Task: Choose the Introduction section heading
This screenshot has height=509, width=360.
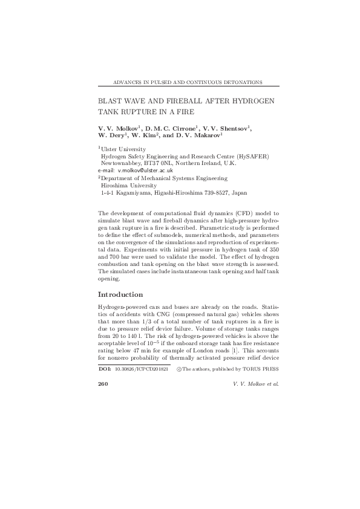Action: pos(120,295)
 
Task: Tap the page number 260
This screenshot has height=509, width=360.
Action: pos(102,384)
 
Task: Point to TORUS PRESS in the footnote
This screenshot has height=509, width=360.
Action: pos(261,368)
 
